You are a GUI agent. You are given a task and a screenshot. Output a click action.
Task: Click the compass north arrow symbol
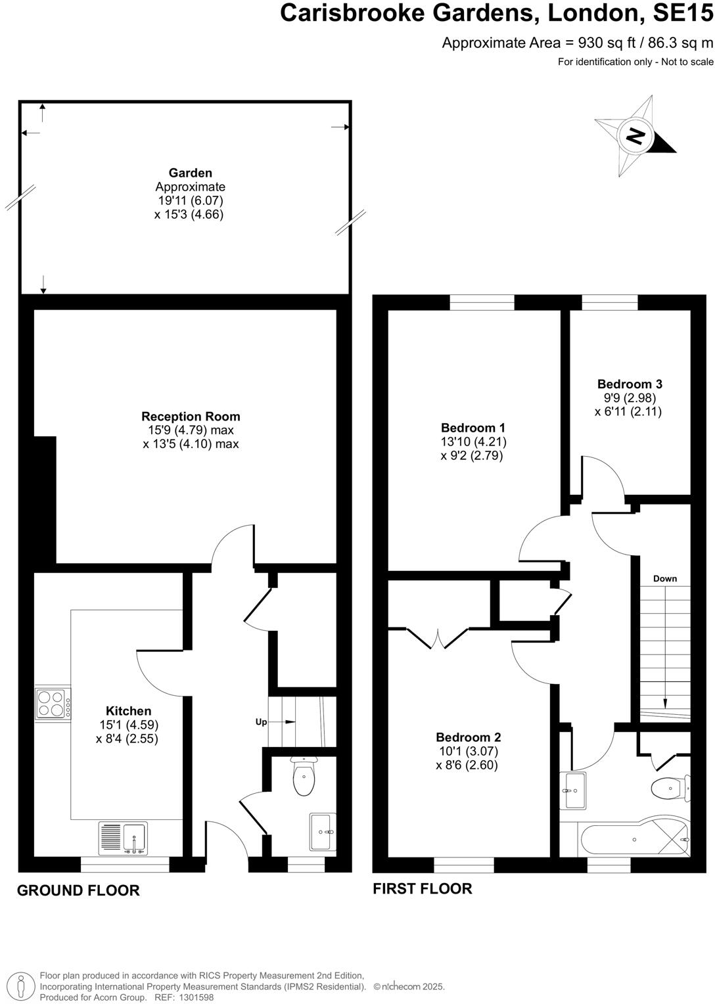pyautogui.click(x=634, y=136)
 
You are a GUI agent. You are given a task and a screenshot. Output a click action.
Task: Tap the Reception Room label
pyautogui.click(x=191, y=417)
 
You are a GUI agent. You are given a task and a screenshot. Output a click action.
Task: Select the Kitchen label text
pyautogui.click(x=128, y=711)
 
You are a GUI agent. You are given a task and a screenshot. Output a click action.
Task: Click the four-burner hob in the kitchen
pyautogui.click(x=53, y=703)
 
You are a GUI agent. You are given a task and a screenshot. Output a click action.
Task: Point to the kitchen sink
pyautogui.click(x=124, y=838)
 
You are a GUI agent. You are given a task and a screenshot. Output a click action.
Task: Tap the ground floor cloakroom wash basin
pyautogui.click(x=322, y=832)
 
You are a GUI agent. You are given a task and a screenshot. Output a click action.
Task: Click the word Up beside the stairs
pyautogui.click(x=261, y=722)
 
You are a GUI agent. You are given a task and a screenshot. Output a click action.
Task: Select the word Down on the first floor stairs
pyautogui.click(x=664, y=579)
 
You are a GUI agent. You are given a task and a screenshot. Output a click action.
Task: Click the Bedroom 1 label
pyautogui.click(x=473, y=428)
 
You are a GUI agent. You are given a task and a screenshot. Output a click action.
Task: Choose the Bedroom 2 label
pyautogui.click(x=468, y=737)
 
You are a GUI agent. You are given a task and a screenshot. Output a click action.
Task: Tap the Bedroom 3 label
pyautogui.click(x=629, y=384)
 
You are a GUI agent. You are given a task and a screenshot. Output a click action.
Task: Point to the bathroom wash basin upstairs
pyautogui.click(x=574, y=790)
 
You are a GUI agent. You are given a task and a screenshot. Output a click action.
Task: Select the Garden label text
pyautogui.click(x=190, y=173)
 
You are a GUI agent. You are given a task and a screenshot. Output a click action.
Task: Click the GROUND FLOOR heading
pyautogui.click(x=78, y=890)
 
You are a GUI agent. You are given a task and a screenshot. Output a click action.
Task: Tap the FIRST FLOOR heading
pyautogui.click(x=422, y=888)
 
